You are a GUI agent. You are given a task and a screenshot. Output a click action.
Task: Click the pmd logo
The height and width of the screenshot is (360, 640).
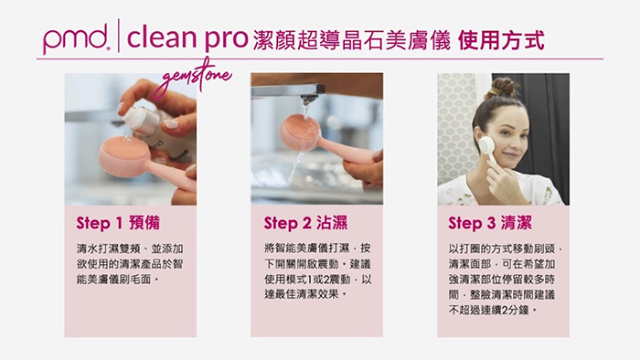76,37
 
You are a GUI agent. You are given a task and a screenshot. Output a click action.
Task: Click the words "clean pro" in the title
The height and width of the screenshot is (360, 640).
187,37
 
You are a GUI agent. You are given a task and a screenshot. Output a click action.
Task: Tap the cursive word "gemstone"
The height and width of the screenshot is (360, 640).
192,78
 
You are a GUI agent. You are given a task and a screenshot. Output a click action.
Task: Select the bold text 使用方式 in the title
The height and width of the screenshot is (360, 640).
501,40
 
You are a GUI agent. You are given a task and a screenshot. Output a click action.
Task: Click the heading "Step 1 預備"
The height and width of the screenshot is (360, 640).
118,223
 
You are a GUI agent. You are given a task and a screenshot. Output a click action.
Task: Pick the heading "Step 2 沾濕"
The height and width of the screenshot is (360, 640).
305,223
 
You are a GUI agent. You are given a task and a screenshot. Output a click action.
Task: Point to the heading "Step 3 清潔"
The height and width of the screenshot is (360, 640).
490,223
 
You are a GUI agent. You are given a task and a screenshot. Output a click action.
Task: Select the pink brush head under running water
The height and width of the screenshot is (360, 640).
301,132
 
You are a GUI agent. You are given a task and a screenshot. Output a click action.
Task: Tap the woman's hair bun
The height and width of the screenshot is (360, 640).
503,88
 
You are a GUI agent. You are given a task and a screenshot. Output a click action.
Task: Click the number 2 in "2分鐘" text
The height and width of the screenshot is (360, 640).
505,311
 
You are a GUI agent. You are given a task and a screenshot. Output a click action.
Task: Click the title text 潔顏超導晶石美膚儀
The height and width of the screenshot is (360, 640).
351,40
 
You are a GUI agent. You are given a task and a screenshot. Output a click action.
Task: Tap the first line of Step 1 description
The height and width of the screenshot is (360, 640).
130,249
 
